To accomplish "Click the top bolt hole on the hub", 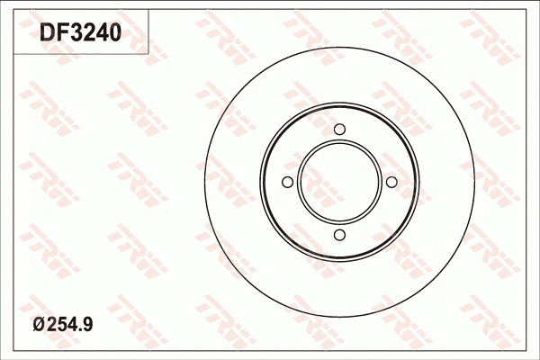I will pyautogui.click(x=339, y=130).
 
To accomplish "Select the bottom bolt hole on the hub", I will pyautogui.click(x=339, y=236).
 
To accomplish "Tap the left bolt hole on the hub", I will pyautogui.click(x=287, y=183).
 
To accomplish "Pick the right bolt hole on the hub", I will pyautogui.click(x=392, y=183).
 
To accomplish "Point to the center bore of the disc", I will pyautogui.click(x=339, y=183).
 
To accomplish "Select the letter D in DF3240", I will pyautogui.click(x=45, y=33).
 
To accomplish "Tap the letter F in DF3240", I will pyautogui.click(x=59, y=33).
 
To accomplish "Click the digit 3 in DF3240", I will pyautogui.click(x=74, y=33).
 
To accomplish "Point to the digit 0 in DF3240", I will pyautogui.click(x=114, y=33).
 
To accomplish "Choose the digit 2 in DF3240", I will pyautogui.click(x=87, y=33).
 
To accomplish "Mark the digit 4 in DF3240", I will pyautogui.click(x=101, y=33).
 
